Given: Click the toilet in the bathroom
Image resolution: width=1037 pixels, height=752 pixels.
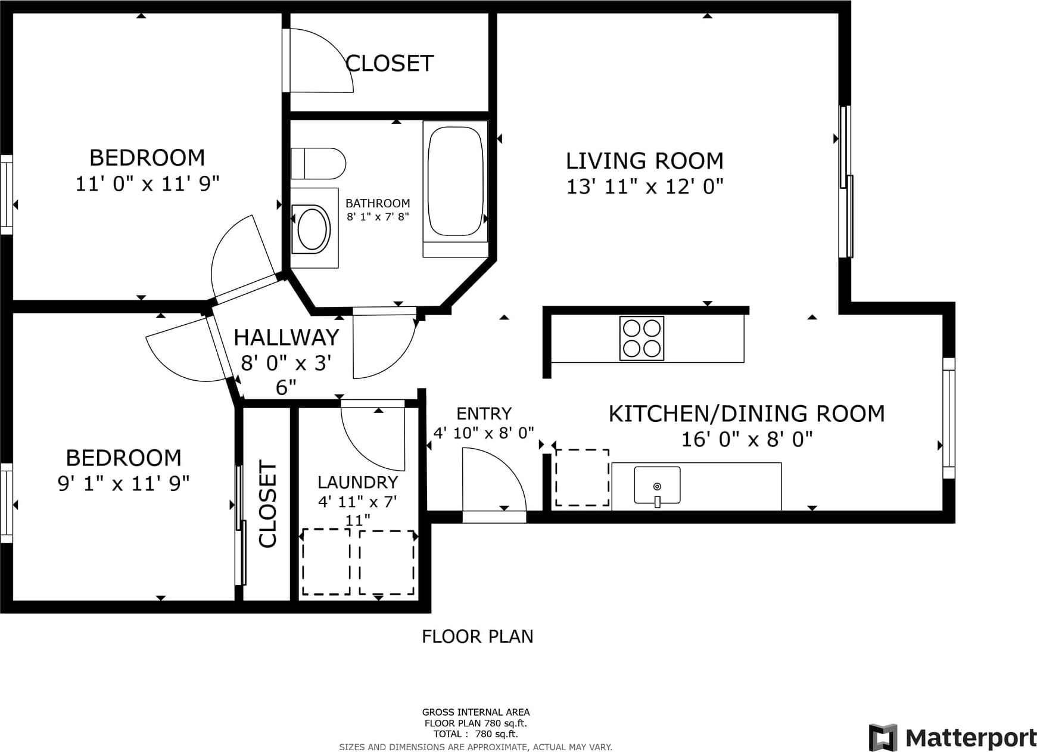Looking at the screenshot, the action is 318,163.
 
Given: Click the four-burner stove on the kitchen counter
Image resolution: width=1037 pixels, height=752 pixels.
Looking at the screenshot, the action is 641,338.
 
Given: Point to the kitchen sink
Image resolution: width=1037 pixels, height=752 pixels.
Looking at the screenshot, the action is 657,486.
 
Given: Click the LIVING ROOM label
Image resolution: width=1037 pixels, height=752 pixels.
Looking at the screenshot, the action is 644,161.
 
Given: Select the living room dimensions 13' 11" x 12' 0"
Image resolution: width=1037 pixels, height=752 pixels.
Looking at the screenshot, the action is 644,187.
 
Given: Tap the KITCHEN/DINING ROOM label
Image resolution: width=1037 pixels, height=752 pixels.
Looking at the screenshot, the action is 746,414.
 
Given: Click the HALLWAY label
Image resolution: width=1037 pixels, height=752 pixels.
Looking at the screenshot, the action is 287,337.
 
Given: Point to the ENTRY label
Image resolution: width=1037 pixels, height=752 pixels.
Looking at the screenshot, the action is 484,414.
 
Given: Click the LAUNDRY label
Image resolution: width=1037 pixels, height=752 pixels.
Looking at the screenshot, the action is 357,482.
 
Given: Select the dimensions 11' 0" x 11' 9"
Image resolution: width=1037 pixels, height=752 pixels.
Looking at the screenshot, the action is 147,184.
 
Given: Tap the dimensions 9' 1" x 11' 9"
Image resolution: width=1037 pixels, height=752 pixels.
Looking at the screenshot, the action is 123,483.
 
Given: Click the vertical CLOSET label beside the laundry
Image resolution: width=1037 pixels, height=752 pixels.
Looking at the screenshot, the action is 267,504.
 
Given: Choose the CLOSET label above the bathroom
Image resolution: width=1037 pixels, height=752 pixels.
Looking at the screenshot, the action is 390,63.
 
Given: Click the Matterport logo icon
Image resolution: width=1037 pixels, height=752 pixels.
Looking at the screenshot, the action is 883,738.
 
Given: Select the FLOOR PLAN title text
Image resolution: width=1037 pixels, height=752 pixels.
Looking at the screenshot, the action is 477,636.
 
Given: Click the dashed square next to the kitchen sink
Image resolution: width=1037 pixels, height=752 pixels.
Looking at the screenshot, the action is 582,478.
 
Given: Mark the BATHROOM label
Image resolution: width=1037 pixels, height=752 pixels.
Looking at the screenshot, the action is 378,203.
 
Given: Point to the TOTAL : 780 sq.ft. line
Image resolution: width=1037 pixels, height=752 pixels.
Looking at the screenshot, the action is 475,734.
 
